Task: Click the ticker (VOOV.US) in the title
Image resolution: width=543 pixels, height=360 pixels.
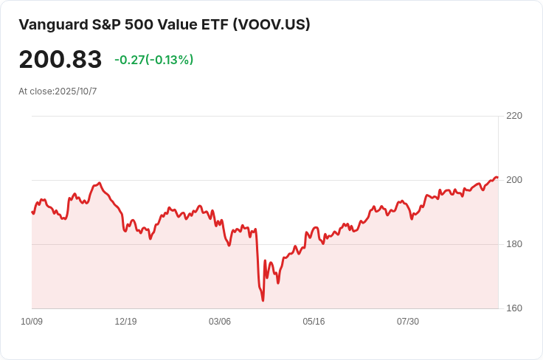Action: (271, 24)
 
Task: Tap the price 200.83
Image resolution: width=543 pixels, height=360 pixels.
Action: (60, 59)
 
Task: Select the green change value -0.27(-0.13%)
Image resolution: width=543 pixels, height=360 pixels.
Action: (153, 60)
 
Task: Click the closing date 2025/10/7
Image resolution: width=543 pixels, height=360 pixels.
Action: (76, 91)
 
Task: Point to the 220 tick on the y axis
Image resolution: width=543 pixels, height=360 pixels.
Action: (514, 116)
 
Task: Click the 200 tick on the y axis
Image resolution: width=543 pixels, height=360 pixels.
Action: (514, 180)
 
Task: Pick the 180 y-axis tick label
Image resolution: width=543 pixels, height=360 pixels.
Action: (514, 244)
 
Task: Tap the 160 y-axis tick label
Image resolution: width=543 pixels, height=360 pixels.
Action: (514, 308)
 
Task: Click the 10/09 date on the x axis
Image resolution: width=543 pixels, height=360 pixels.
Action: (32, 322)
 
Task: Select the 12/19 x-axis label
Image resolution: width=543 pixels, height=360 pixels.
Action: (125, 322)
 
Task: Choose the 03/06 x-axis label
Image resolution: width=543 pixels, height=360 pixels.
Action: (220, 322)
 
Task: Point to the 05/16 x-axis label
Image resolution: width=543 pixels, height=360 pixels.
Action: (314, 322)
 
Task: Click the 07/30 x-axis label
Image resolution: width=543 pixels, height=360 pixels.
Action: (408, 322)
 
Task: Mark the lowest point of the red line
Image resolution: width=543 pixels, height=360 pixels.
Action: (263, 300)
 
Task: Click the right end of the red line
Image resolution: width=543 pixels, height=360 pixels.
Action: (497, 177)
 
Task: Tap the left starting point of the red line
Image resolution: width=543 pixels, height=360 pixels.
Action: (32, 212)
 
